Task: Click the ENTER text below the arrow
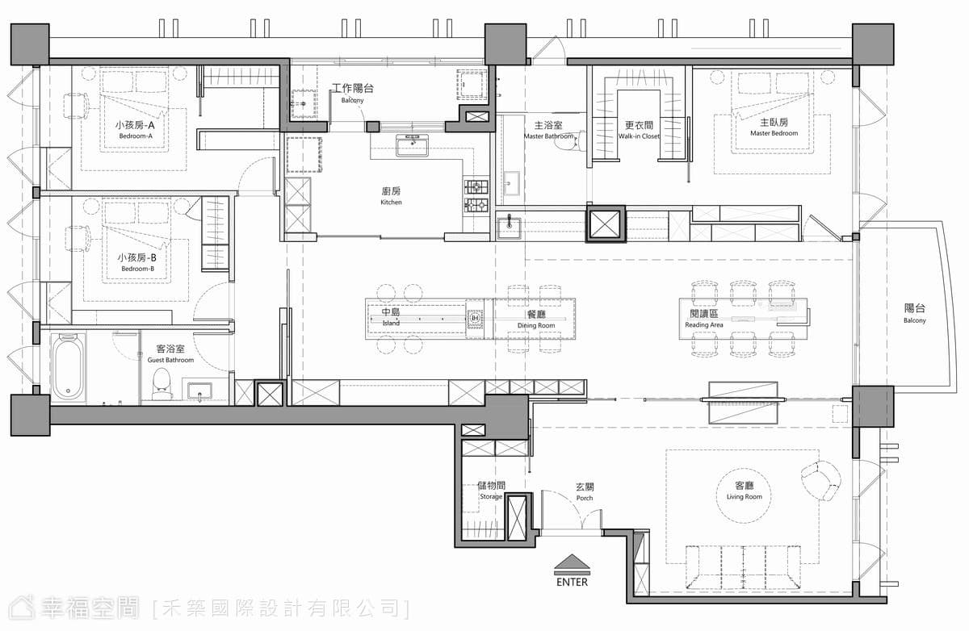[572, 582]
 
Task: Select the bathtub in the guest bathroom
[68, 366]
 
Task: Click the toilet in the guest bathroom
[162, 384]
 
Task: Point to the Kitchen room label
[391, 196]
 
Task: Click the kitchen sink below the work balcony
[412, 144]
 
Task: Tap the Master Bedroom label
[774, 127]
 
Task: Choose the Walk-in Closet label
[639, 131]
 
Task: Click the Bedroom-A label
[136, 130]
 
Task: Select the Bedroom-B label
[137, 263]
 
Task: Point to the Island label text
[391, 317]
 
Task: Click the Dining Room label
[536, 320]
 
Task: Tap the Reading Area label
[704, 319]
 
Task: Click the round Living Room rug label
[744, 491]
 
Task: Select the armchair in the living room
[820, 480]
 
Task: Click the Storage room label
[491, 491]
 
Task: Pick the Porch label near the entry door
[585, 492]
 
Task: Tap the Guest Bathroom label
[170, 354]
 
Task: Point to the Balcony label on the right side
[914, 314]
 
